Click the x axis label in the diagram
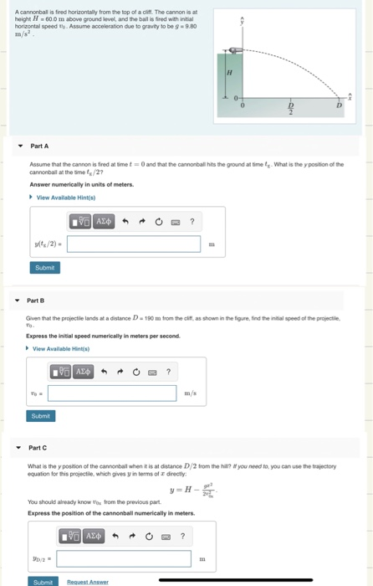coord(350,97)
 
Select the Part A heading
coord(39,145)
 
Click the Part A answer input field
coord(134,244)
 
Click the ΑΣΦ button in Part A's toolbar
coord(103,222)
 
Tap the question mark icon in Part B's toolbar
coord(168,372)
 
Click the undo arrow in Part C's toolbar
coord(125,536)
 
